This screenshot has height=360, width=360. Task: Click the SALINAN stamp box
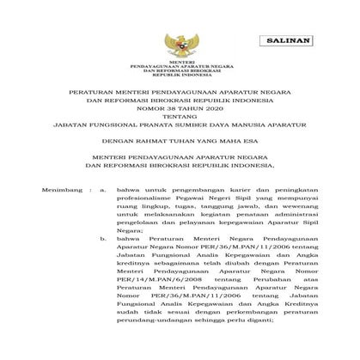click(x=292, y=41)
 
